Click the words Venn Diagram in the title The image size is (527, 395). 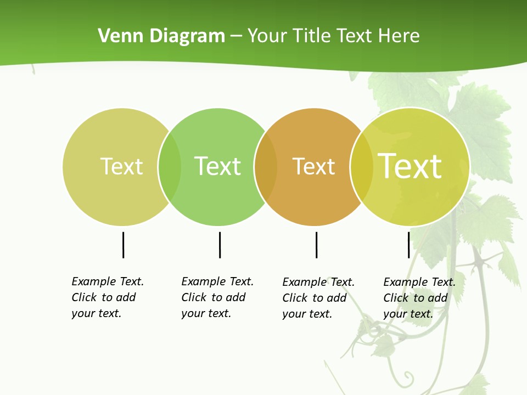coord(161,36)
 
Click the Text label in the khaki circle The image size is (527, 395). coord(121,166)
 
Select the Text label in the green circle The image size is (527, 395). coord(217,166)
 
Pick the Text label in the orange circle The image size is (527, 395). coord(313,166)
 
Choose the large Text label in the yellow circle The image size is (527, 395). coord(410,166)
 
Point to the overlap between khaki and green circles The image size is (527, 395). coord(170,167)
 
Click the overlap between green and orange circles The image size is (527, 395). coord(266,167)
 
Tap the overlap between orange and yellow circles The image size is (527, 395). coord(361,167)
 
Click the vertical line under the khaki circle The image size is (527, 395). coord(123,245)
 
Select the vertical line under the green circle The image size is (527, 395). coord(220,245)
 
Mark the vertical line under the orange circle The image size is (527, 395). coord(316,245)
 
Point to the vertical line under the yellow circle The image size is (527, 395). coord(408,245)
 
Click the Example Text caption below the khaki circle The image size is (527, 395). coord(107,297)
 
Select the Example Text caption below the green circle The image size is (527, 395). coord(217,297)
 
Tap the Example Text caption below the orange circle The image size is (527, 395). coord(318,298)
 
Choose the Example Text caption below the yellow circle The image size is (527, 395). coord(419,298)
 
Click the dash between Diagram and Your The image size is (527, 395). coord(236,36)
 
